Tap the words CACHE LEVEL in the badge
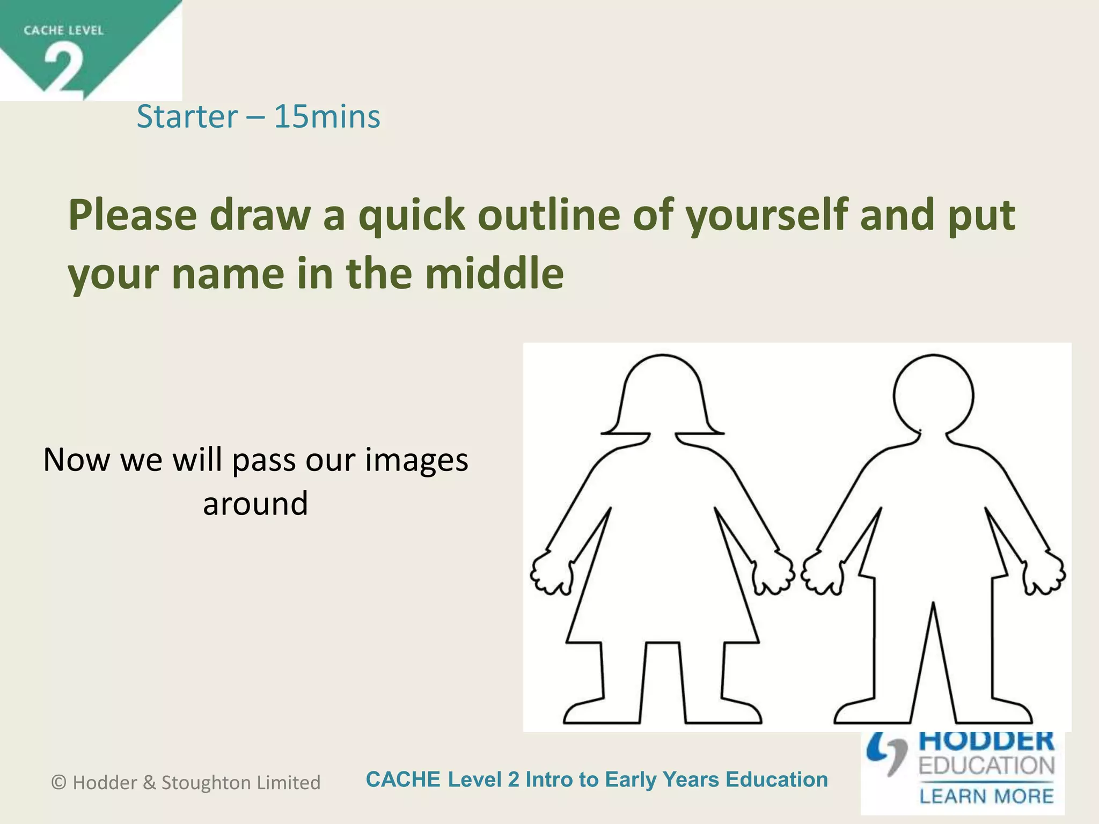tap(63, 31)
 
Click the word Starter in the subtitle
tap(187, 116)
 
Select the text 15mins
tap(327, 116)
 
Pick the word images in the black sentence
tap(416, 460)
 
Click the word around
tap(255, 504)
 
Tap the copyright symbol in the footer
tap(58, 783)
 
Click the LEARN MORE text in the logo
tap(986, 796)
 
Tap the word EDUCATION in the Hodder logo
tap(986, 766)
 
